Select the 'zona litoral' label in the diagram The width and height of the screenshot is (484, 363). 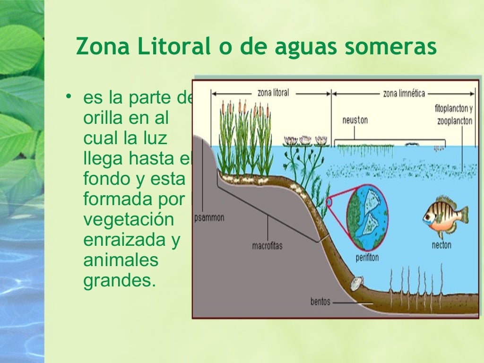(x=273, y=93)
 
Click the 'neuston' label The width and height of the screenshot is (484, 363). (x=355, y=120)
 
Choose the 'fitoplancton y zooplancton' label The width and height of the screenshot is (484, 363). (x=453, y=114)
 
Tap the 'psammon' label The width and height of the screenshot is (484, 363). (x=209, y=218)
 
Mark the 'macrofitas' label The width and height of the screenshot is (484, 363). (x=267, y=246)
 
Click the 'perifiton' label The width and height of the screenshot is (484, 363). (x=367, y=258)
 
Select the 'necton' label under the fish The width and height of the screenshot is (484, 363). (x=441, y=245)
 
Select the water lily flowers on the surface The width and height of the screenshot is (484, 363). (x=305, y=140)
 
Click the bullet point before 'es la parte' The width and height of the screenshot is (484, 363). (x=69, y=97)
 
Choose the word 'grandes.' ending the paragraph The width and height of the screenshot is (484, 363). (x=119, y=281)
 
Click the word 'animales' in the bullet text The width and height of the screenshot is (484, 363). (x=121, y=260)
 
